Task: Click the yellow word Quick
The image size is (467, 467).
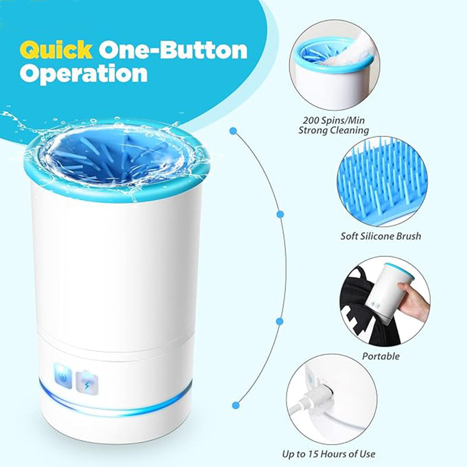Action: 55,50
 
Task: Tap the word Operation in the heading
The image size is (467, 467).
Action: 83,74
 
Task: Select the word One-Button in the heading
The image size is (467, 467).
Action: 173,50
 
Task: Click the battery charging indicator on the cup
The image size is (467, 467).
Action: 86,383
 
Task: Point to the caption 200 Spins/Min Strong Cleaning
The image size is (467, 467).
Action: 333,125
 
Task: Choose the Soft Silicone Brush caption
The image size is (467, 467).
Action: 381,236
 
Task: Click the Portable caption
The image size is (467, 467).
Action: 381,356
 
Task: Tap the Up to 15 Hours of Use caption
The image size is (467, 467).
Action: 329,454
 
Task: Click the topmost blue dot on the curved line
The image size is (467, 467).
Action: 233,131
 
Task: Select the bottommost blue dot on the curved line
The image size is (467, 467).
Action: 236,405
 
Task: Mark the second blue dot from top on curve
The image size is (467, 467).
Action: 280,214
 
